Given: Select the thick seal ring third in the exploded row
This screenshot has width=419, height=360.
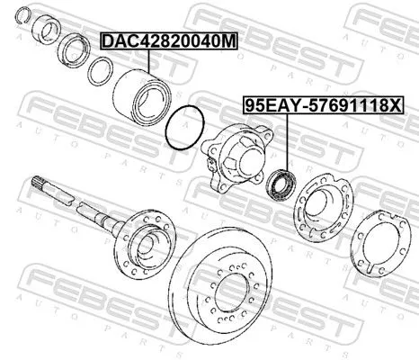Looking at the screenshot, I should [74, 49].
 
